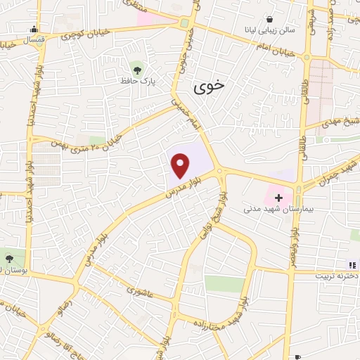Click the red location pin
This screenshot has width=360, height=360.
[181, 165]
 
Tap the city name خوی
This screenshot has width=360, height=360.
[209, 86]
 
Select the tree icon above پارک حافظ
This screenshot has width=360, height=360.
[137, 70]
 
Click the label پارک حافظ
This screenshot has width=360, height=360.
[137, 82]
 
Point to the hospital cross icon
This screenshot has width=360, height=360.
[278, 198]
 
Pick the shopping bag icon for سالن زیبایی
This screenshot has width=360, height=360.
[269, 19]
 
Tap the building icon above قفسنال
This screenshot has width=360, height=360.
[34, 29]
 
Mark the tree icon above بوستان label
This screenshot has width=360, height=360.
[8, 258]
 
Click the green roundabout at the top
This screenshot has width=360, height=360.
[185, 23]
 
